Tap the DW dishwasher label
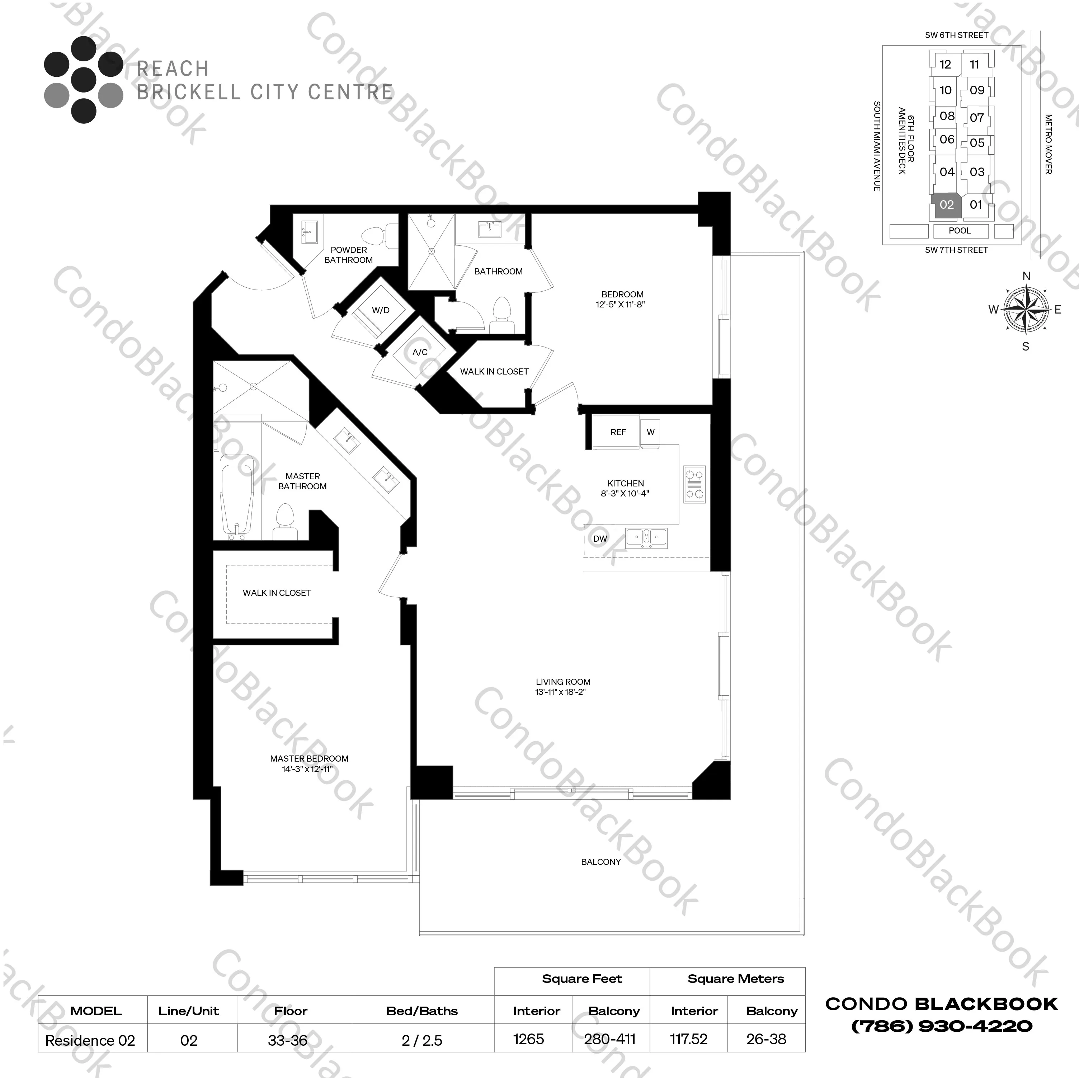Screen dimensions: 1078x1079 tap(600, 539)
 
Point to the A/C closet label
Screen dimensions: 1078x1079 tap(420, 352)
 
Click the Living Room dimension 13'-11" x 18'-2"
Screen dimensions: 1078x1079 tap(560, 692)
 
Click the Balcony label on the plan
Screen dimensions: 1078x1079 tap(600, 862)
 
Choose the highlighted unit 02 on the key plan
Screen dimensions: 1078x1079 tap(947, 205)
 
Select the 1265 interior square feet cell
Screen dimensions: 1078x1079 tap(528, 1040)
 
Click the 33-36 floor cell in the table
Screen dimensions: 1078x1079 tap(288, 1041)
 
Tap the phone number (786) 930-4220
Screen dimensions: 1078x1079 tap(942, 1026)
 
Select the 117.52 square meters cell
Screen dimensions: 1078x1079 tap(689, 1040)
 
